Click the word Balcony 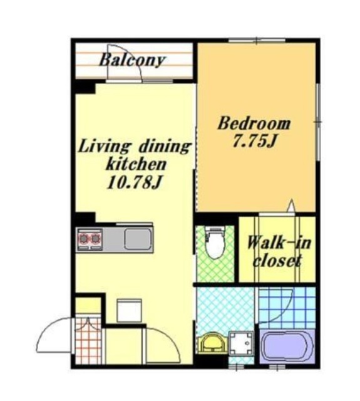[x=132, y=60]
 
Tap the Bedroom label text [x=254, y=123]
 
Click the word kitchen [x=136, y=164]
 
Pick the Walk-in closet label [x=279, y=251]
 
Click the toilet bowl [x=215, y=243]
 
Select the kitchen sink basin [x=138, y=239]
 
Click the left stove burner [x=83, y=239]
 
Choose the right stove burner [x=96, y=239]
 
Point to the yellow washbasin [x=212, y=343]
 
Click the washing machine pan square [x=241, y=343]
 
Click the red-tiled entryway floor [x=88, y=341]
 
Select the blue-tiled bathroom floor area [x=287, y=308]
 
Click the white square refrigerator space [x=129, y=311]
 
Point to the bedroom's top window [x=257, y=40]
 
